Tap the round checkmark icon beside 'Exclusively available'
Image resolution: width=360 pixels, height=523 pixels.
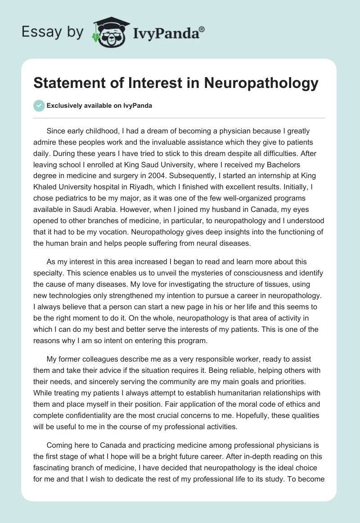(39, 106)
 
